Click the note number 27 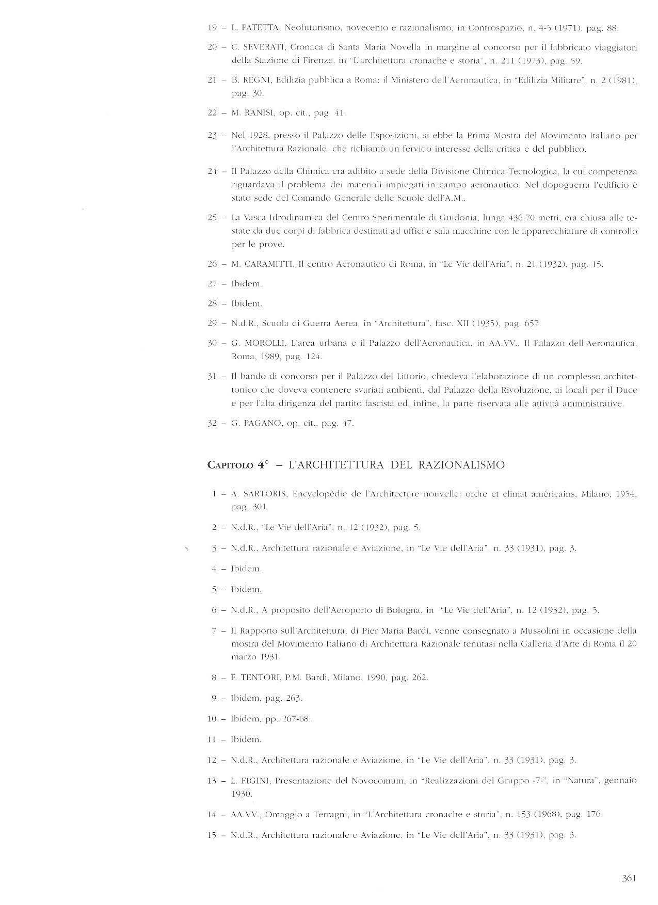pyautogui.click(x=213, y=284)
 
